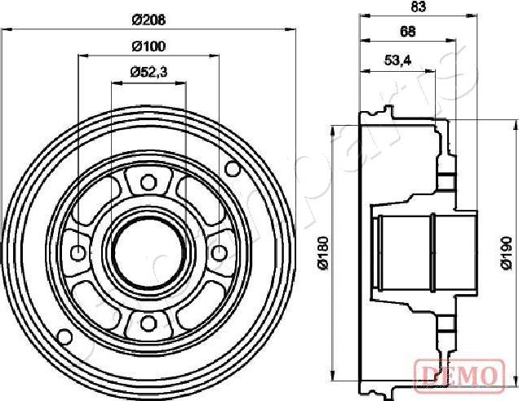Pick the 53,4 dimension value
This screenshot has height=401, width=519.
click(x=397, y=60)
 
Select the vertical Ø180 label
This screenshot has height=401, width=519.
click(x=322, y=253)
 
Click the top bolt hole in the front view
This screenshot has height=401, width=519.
click(x=148, y=182)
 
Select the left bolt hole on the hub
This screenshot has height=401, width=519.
click(x=78, y=252)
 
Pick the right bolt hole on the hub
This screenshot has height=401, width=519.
click(x=218, y=252)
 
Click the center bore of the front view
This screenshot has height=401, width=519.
click(x=148, y=252)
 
